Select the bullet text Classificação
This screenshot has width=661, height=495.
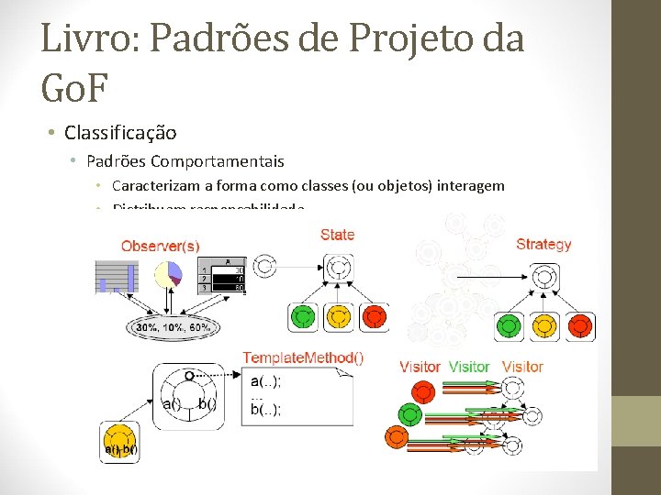(x=120, y=133)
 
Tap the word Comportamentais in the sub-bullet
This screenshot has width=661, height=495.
(x=217, y=161)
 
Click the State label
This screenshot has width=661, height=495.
(x=337, y=235)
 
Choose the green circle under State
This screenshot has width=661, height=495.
(x=302, y=318)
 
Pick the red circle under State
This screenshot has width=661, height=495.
(x=374, y=318)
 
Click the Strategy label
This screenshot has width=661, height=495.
(x=543, y=244)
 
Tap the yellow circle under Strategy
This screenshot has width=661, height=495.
(x=544, y=326)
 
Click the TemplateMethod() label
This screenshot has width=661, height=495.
(x=303, y=358)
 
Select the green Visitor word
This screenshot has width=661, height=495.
(x=469, y=367)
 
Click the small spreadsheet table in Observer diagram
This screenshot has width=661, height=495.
(x=222, y=275)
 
